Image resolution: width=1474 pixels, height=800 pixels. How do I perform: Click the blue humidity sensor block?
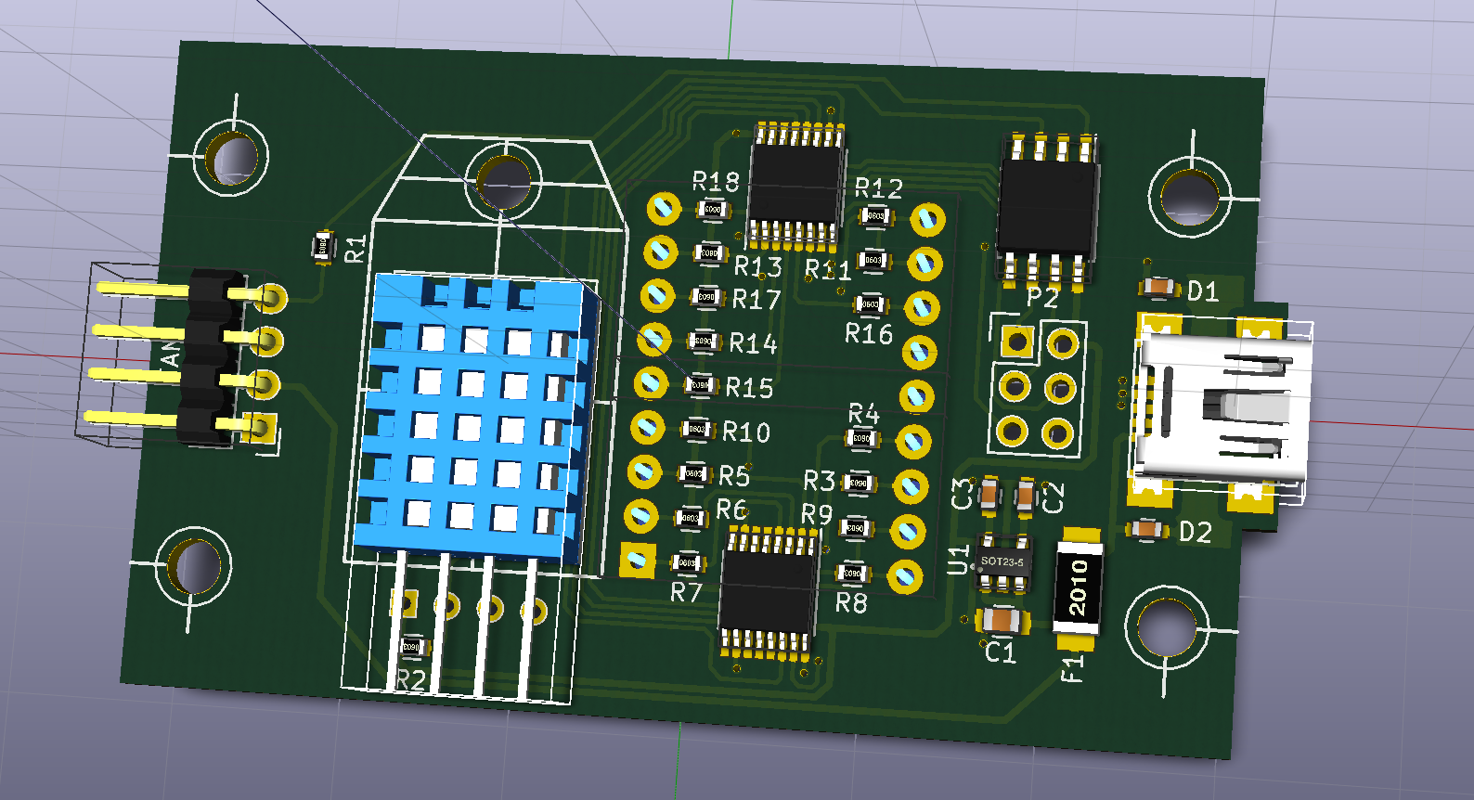[473, 418]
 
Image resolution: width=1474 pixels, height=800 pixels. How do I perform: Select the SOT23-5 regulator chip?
[1002, 562]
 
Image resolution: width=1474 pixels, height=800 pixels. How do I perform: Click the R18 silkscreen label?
[716, 181]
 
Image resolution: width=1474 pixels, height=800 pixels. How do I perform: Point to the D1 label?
[1203, 291]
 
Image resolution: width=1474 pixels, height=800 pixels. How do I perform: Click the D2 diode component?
[1148, 530]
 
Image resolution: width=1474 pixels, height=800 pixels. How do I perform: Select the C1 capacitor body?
[1002, 620]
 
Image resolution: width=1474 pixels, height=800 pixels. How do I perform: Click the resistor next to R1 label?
[323, 246]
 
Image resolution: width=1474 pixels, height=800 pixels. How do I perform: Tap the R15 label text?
[749, 388]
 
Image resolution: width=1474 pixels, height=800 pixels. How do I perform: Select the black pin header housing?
[209, 357]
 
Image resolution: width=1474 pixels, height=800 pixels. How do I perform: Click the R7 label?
[686, 592]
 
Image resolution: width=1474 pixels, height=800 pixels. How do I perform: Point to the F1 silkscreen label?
[1072, 667]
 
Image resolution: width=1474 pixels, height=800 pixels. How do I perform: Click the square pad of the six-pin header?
[1018, 342]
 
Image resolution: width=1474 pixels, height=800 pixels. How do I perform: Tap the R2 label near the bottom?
[410, 679]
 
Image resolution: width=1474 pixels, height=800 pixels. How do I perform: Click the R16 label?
[868, 334]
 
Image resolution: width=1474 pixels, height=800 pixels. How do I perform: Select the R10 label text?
[746, 432]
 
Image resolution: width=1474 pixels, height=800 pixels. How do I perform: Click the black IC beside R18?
[796, 186]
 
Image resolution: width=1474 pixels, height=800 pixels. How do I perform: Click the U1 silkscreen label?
[958, 560]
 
